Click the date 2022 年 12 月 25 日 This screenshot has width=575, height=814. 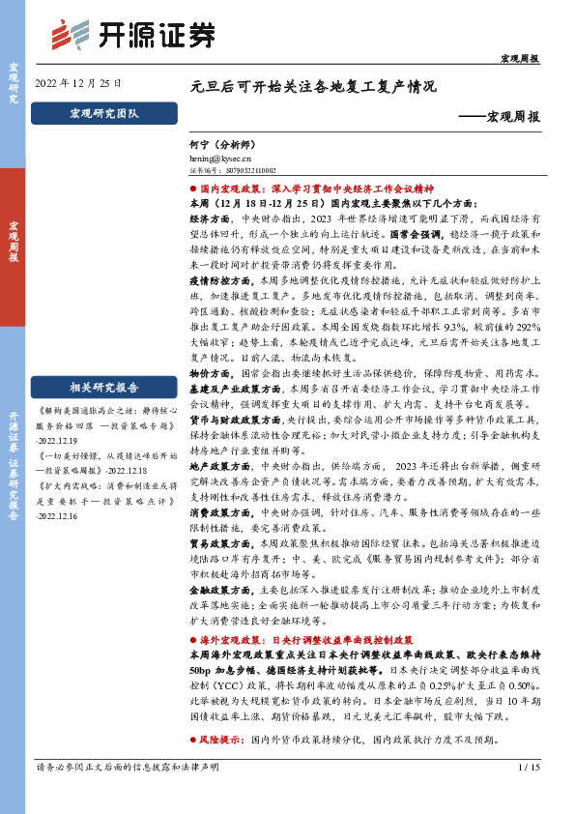(x=77, y=83)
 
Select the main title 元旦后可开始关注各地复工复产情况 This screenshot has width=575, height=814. (x=314, y=85)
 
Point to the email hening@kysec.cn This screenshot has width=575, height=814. (x=221, y=155)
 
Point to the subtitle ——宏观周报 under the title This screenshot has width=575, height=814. (x=499, y=116)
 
